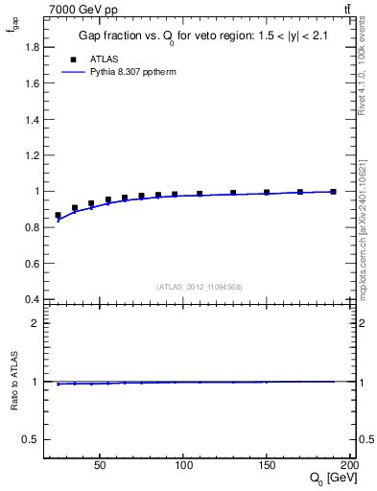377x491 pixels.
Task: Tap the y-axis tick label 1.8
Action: point(33,47)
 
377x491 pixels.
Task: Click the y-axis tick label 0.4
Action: point(33,299)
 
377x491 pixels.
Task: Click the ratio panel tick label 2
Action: point(35,323)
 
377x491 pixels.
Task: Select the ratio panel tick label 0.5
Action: point(33,439)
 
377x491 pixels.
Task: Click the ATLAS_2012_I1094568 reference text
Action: point(200,287)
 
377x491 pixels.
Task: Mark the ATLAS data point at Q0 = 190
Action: point(333,192)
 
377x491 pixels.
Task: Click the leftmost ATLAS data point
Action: point(58,216)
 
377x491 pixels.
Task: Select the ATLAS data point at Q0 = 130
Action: point(233,193)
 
